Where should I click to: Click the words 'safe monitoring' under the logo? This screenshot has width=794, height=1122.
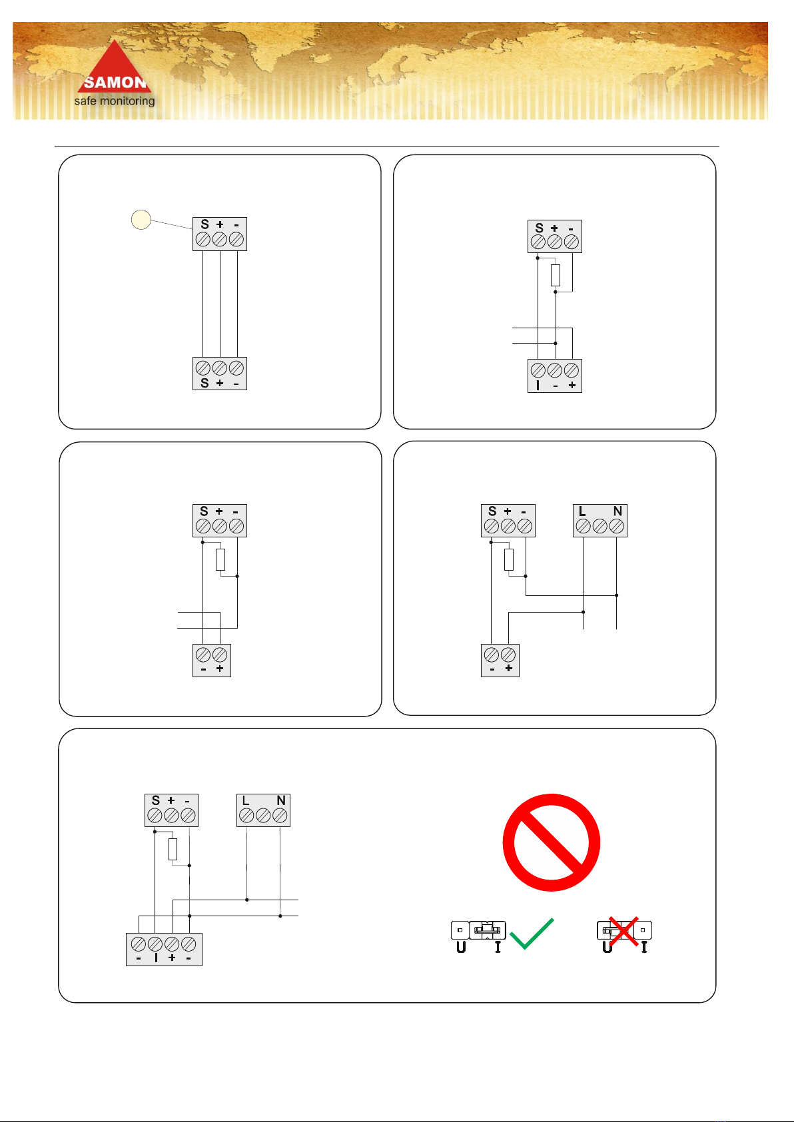point(114,101)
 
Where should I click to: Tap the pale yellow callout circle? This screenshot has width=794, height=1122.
point(141,219)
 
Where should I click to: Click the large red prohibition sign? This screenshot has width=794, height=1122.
point(551,842)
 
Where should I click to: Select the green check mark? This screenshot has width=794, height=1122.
point(532,934)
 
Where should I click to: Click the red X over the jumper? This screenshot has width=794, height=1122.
point(623,931)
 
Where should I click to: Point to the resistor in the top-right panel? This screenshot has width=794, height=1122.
point(555,275)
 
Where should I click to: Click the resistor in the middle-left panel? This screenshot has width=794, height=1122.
point(220,559)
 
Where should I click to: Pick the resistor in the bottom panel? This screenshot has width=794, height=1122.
point(173,849)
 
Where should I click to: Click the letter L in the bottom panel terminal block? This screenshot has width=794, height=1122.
point(246,801)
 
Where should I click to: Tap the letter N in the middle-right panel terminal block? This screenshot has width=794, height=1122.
point(617,511)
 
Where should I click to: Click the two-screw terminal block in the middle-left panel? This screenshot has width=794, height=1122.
point(211,660)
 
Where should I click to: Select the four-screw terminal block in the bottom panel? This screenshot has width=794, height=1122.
point(164,949)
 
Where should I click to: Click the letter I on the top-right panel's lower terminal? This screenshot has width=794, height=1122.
point(538,385)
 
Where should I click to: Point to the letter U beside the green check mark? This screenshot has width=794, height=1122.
point(461,947)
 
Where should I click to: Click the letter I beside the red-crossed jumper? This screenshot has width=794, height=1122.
point(644,947)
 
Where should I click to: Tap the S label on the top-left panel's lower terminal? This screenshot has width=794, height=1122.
point(204,383)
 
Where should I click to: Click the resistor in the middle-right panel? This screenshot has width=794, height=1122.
point(508,559)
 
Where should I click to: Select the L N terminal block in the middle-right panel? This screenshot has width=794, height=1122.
point(599,521)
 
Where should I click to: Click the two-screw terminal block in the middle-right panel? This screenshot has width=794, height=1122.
point(500,660)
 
